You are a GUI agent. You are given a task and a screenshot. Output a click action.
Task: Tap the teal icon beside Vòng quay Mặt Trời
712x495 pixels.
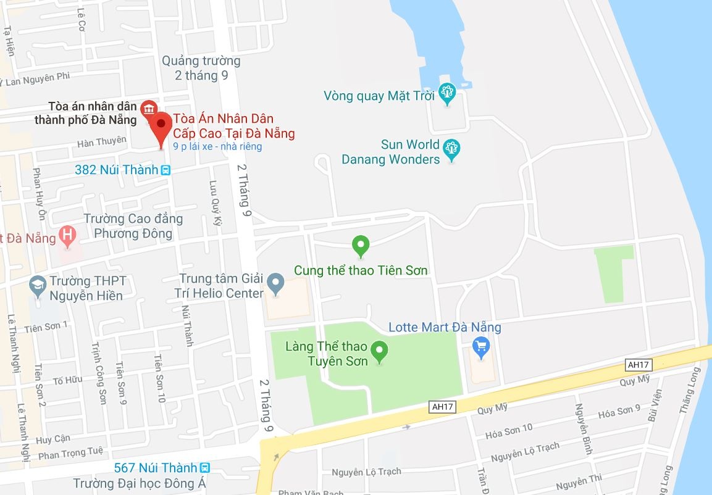pyautogui.click(x=446, y=94)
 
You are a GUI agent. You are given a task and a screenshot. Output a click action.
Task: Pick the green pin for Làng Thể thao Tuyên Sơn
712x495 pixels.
pyautogui.click(x=380, y=351)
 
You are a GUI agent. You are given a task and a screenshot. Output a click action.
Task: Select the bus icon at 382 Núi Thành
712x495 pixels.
pyautogui.click(x=165, y=170)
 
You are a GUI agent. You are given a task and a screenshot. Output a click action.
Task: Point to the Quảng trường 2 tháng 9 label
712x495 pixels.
pyautogui.click(x=201, y=68)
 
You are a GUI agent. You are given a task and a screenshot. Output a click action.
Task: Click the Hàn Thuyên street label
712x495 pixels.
pyautogui.click(x=101, y=142)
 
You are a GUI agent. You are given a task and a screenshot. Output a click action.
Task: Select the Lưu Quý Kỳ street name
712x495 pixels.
pyautogui.click(x=215, y=204)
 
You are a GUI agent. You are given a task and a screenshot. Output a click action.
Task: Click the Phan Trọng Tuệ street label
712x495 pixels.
pyautogui.click(x=70, y=454)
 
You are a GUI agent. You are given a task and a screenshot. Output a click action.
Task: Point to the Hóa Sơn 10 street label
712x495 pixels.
pyautogui.click(x=509, y=430)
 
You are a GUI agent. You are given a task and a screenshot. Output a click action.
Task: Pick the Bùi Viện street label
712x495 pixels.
pyautogui.click(x=655, y=406)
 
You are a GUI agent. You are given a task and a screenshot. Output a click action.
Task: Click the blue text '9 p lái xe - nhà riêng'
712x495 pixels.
pyautogui.click(x=218, y=147)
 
